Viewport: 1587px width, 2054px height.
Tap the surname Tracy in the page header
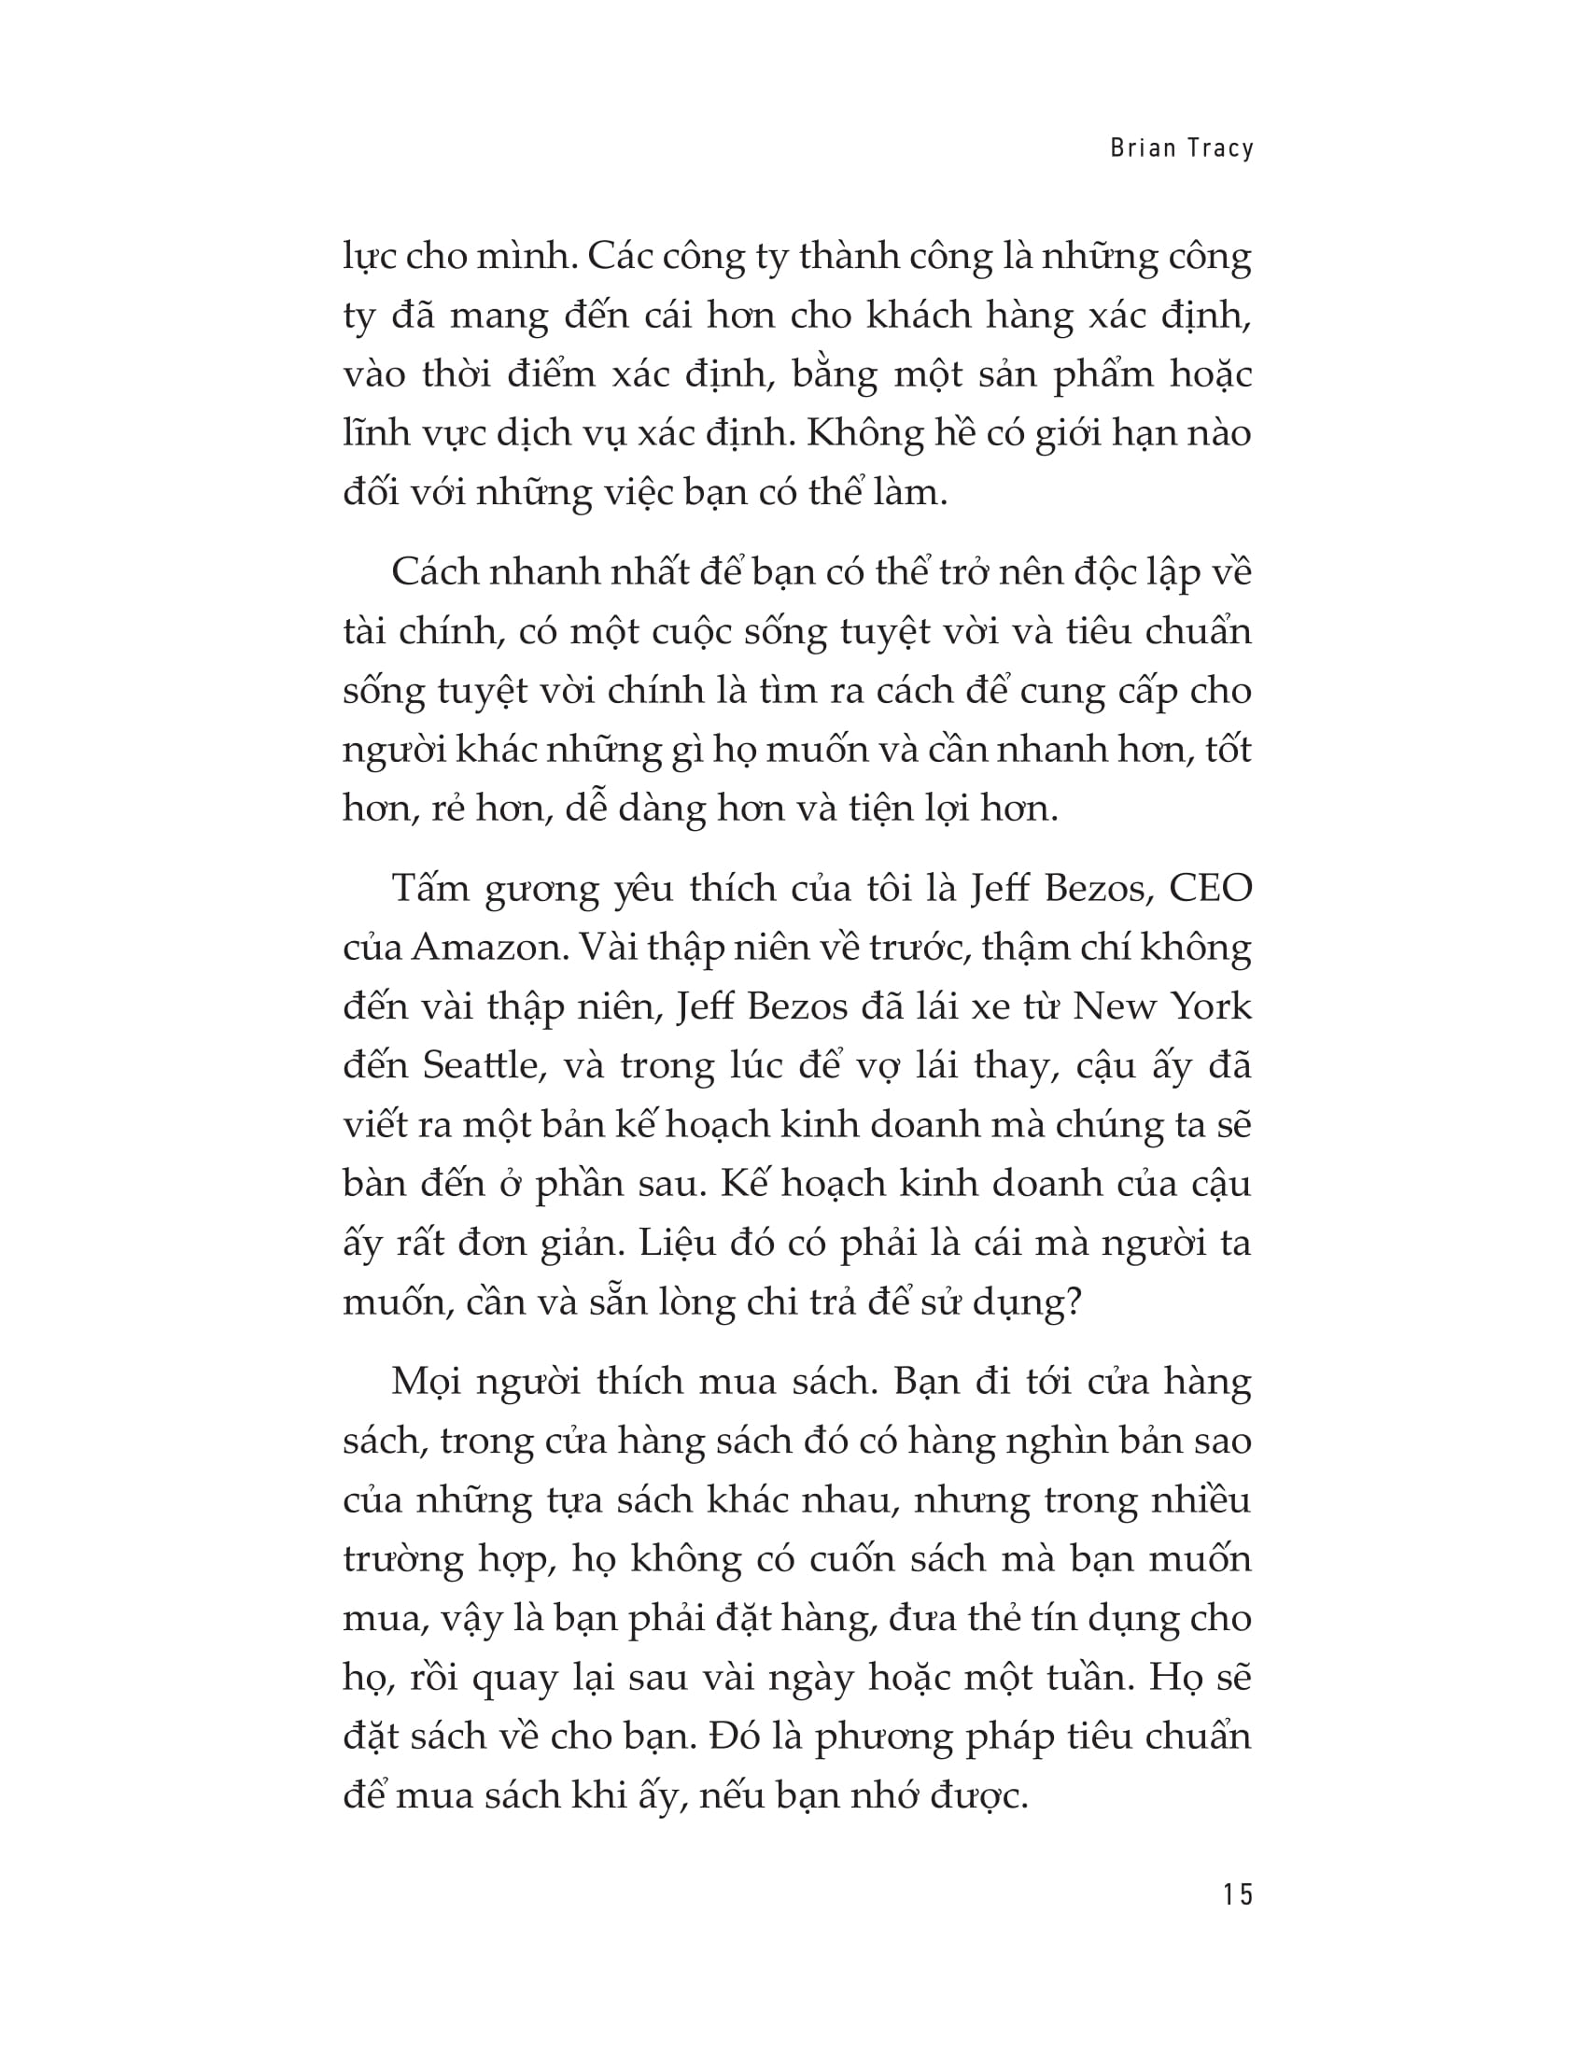pyautogui.click(x=1220, y=148)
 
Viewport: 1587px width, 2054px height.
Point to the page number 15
pyautogui.click(x=1238, y=1893)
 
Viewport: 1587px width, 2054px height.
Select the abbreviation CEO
pyautogui.click(x=1211, y=888)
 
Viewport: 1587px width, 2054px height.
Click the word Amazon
pyautogui.click(x=490, y=947)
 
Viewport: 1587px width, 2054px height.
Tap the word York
pyautogui.click(x=1212, y=1006)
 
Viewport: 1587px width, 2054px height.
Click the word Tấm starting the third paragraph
pyautogui.click(x=429, y=888)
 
